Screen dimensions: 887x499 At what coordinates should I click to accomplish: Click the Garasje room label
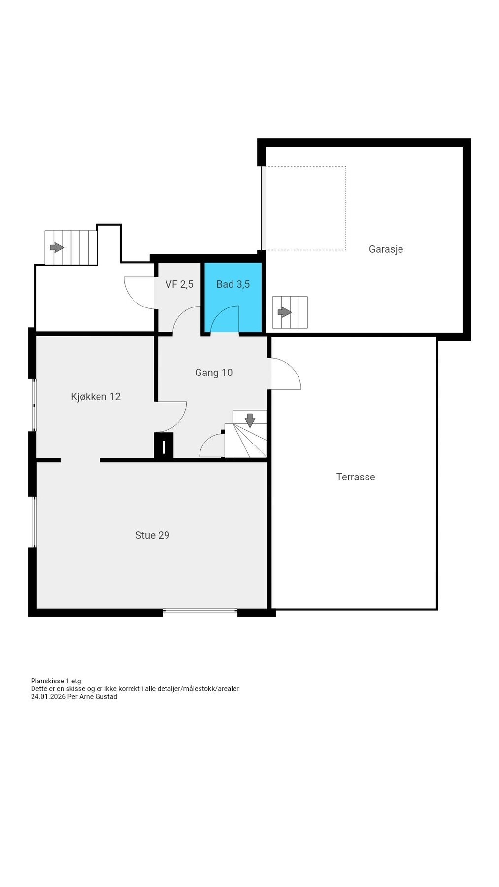(x=386, y=249)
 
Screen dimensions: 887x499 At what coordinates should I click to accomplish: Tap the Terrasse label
(x=356, y=477)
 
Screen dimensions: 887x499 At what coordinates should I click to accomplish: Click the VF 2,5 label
(x=179, y=284)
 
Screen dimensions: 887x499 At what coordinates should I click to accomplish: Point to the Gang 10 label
(x=214, y=373)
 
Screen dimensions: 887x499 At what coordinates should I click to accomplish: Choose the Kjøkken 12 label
(x=96, y=397)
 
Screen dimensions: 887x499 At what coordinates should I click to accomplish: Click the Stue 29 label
(x=152, y=535)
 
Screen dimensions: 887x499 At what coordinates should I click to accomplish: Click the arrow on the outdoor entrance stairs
(x=57, y=247)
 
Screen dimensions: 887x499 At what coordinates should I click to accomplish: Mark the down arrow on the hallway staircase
(x=250, y=420)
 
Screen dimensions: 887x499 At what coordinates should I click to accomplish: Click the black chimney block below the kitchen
(x=164, y=446)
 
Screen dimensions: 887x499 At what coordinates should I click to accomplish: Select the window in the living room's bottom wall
(x=200, y=611)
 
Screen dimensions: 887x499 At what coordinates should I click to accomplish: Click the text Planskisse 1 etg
(x=56, y=681)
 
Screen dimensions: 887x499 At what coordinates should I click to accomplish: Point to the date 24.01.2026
(x=48, y=697)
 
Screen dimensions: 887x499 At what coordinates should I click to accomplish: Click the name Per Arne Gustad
(x=92, y=697)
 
